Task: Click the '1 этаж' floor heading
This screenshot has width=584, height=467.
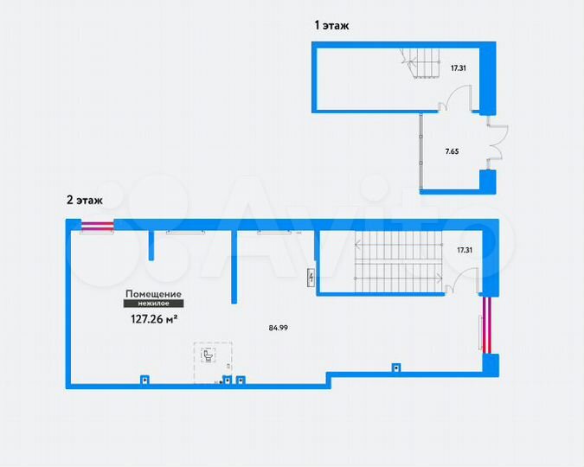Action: pyautogui.click(x=331, y=27)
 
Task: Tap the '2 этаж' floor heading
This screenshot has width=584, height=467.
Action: pyautogui.click(x=85, y=200)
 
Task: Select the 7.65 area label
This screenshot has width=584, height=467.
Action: pyautogui.click(x=452, y=151)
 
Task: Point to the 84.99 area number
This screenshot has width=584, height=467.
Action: pyautogui.click(x=279, y=328)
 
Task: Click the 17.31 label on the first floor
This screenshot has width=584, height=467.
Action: pyautogui.click(x=459, y=67)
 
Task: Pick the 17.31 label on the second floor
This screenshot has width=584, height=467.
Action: pyautogui.click(x=465, y=250)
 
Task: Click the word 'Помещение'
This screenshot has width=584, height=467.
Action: pyautogui.click(x=153, y=294)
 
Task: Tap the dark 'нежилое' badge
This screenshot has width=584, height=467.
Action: pyautogui.click(x=153, y=304)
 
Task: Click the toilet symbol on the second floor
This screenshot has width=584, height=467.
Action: pyautogui.click(x=208, y=355)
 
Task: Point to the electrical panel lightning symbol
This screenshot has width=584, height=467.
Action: pyautogui.click(x=312, y=278)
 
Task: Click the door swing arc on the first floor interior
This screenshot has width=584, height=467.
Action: pyautogui.click(x=457, y=99)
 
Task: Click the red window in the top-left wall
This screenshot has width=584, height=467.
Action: pyautogui.click(x=96, y=227)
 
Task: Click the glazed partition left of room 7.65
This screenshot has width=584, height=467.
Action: pyautogui.click(x=421, y=151)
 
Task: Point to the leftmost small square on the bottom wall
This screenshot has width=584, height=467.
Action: pyautogui.click(x=145, y=378)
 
